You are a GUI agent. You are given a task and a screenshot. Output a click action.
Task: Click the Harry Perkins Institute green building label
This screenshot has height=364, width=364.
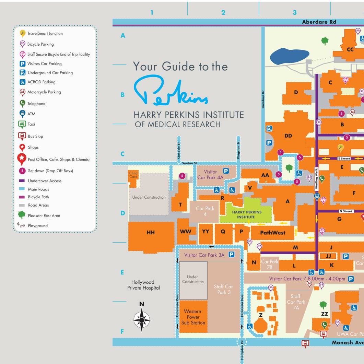[x=247, y=214]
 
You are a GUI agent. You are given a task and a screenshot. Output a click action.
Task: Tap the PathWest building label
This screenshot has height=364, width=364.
[x=273, y=233]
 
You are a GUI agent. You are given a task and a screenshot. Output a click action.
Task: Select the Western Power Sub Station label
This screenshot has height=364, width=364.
[x=193, y=317]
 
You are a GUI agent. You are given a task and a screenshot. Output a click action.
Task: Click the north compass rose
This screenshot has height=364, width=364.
[x=142, y=319]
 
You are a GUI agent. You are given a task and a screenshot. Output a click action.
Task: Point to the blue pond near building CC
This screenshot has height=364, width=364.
[x=290, y=57]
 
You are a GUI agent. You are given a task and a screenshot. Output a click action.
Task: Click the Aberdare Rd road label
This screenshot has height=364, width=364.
[x=319, y=22]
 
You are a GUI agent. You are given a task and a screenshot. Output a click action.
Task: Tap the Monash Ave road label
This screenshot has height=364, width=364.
[x=348, y=342]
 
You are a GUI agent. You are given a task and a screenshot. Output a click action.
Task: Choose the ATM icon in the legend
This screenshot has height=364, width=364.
[x=22, y=114]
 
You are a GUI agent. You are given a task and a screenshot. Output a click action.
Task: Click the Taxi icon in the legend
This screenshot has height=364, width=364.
[x=22, y=124]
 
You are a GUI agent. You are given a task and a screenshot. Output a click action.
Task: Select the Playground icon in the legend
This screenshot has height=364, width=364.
[x=21, y=225]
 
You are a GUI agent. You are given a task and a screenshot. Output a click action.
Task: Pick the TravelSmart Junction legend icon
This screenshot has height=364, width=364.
[x=22, y=33]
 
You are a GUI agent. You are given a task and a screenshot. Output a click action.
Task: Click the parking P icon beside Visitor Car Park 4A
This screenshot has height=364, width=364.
[x=226, y=171]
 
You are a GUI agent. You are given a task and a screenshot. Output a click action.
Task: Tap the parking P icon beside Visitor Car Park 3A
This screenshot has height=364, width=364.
[x=232, y=255]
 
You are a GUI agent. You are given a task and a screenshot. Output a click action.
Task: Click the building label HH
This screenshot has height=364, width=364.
[x=151, y=233]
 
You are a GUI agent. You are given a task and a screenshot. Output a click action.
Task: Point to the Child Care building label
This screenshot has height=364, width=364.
[x=133, y=175]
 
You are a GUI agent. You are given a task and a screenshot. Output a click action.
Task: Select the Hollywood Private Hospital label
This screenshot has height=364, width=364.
[x=143, y=285]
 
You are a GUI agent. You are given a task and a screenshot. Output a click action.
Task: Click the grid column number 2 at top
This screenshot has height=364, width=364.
[x=223, y=13]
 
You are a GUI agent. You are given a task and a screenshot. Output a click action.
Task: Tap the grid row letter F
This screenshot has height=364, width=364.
[x=122, y=332]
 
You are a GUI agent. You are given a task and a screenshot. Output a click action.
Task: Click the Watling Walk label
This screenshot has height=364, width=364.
[x=316, y=179]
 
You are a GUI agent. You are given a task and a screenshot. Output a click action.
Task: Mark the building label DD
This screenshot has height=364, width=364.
[x=288, y=136]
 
